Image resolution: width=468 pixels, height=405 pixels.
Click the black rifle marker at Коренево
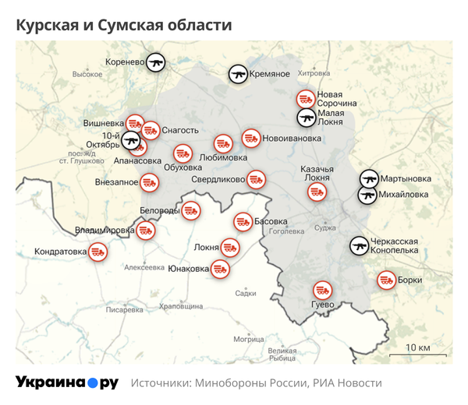[x=156, y=62]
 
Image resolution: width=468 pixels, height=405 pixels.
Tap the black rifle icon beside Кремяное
[x=239, y=74]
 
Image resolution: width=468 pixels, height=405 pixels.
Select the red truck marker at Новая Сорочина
[x=306, y=100]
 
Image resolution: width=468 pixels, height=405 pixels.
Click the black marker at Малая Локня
[x=307, y=118]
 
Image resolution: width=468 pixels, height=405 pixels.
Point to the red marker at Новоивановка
[x=251, y=139]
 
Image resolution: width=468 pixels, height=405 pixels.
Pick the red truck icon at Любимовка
[x=224, y=143]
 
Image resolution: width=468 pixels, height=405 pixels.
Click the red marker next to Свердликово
[x=255, y=179]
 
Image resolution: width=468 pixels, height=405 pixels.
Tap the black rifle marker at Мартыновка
[x=368, y=178]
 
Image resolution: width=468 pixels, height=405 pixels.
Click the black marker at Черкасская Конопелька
[x=359, y=246]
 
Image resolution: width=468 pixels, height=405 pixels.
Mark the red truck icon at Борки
[x=386, y=280]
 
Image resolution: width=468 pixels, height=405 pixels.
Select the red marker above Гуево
[x=321, y=289]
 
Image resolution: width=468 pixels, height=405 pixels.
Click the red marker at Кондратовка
[x=97, y=252]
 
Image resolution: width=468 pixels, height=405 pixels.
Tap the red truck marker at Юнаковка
[x=220, y=269]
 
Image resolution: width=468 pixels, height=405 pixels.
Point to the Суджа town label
[x=324, y=228]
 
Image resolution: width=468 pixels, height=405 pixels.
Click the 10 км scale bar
[x=418, y=354]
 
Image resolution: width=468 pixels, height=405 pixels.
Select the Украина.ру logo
[x=67, y=382]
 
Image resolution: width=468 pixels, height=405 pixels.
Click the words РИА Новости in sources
[x=348, y=383]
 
